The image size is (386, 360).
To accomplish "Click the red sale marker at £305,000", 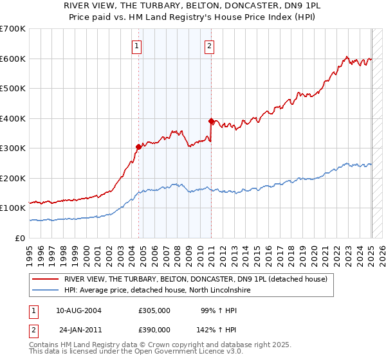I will tap(138, 147).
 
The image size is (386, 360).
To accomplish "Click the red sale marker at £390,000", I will tap(211, 121).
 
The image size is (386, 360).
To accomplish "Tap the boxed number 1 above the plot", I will tap(138, 45).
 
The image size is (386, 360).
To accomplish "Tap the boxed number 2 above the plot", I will tap(210, 45).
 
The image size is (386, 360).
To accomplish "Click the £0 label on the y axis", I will tap(21, 238).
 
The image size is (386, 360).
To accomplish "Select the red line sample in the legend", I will tap(46, 279).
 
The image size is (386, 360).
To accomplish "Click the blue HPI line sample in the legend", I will tap(46, 291).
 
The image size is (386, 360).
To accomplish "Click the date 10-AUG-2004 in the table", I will tap(79, 310).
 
